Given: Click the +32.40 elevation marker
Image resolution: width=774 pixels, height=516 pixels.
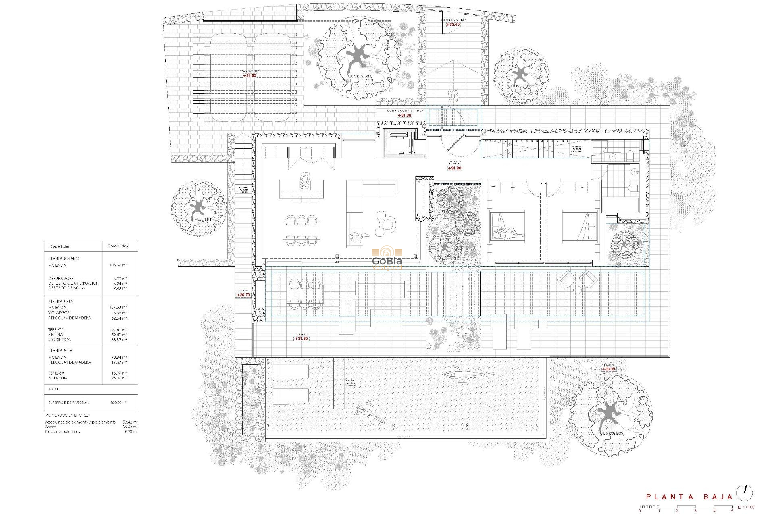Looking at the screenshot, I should (453, 25).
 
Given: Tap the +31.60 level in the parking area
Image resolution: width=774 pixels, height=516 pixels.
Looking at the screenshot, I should (250, 75).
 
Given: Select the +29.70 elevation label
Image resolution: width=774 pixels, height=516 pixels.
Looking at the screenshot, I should (243, 295).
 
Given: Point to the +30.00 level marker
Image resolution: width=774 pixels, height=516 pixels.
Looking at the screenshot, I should (608, 369).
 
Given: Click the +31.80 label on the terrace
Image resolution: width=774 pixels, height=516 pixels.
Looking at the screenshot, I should (301, 339).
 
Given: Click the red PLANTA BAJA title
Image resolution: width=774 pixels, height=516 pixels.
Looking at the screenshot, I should (689, 497).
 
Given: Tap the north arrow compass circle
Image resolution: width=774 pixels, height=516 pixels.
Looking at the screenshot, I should (744, 493).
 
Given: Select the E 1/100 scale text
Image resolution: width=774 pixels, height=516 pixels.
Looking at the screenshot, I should (746, 508).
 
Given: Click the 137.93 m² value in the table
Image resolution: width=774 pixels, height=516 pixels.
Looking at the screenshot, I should (118, 308).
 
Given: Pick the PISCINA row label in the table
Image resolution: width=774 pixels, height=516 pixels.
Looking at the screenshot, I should (56, 335).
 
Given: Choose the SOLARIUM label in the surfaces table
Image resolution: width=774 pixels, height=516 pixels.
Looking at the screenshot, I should (58, 378).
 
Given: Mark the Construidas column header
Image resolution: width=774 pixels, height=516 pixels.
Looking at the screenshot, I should (118, 246).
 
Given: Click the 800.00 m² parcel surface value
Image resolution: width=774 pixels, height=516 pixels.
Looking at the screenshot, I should (118, 402).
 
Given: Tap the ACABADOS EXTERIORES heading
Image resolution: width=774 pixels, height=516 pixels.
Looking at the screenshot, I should (67, 415).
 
